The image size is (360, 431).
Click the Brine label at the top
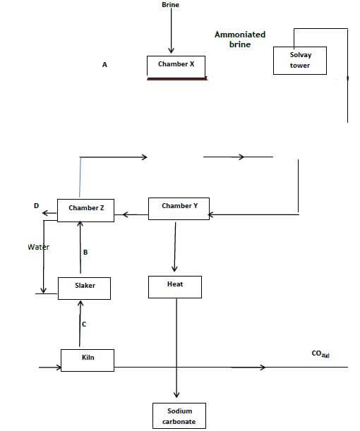(171, 5)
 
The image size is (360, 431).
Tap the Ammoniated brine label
(240, 40)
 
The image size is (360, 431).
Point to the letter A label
(104, 65)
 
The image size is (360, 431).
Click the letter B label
(85, 252)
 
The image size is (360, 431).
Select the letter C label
(84, 324)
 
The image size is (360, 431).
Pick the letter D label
(36, 205)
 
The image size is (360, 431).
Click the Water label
(39, 247)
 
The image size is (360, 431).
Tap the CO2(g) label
(320, 353)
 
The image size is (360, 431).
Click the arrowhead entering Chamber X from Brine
(171, 50)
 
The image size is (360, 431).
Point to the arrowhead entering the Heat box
(174, 268)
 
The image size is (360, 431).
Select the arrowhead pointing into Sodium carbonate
(176, 395)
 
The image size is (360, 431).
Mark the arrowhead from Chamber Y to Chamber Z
(125, 214)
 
